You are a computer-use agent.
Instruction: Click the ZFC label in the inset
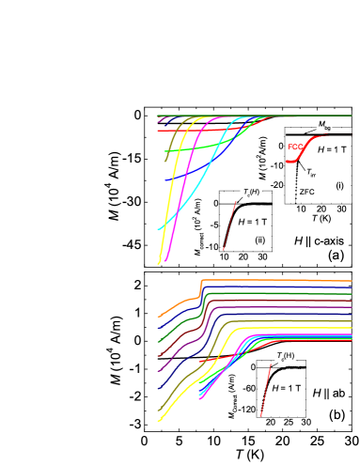tap(306, 193)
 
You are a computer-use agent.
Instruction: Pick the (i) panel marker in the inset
tap(339, 186)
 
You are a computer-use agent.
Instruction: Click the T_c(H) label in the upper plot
tap(250, 194)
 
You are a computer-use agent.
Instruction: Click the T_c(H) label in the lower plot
tap(285, 356)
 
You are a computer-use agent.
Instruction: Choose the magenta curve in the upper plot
tap(187, 188)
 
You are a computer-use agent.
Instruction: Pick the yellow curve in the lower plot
tap(179, 386)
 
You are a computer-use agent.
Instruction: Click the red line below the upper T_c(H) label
tap(231, 225)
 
